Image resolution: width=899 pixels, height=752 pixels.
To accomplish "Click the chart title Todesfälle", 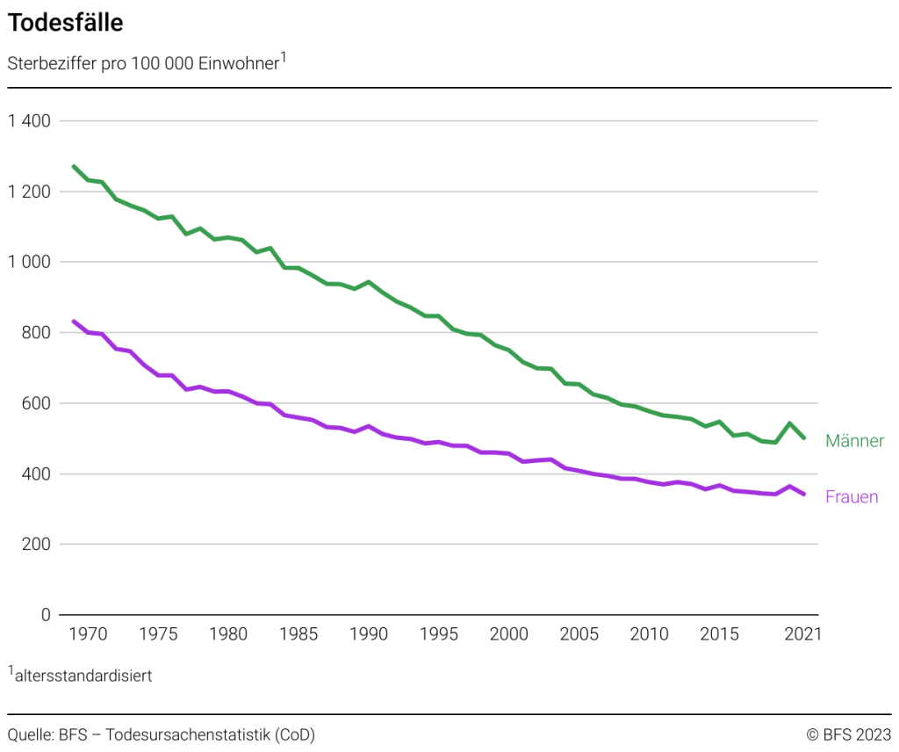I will (x=66, y=24).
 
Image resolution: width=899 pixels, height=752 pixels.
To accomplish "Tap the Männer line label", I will (x=854, y=441).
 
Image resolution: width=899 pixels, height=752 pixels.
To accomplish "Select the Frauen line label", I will (x=852, y=497).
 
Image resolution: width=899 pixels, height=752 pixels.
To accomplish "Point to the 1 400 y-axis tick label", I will (x=29, y=121).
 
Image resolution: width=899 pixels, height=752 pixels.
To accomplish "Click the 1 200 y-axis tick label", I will (x=29, y=192).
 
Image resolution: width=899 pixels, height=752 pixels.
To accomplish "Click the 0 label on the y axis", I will (x=47, y=615).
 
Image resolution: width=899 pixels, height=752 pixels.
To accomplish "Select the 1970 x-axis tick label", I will (x=88, y=634).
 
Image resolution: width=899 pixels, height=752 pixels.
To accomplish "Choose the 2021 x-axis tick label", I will (x=802, y=634).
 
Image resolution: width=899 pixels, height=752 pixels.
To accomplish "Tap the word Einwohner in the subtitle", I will (x=237, y=65).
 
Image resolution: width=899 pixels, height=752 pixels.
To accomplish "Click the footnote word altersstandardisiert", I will (x=83, y=676).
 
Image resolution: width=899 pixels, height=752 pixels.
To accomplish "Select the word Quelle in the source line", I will (x=29, y=734).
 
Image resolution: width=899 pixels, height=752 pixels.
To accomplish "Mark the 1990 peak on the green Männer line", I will (x=369, y=282).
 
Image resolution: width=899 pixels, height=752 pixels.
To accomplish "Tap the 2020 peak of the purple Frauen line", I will (x=790, y=486).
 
